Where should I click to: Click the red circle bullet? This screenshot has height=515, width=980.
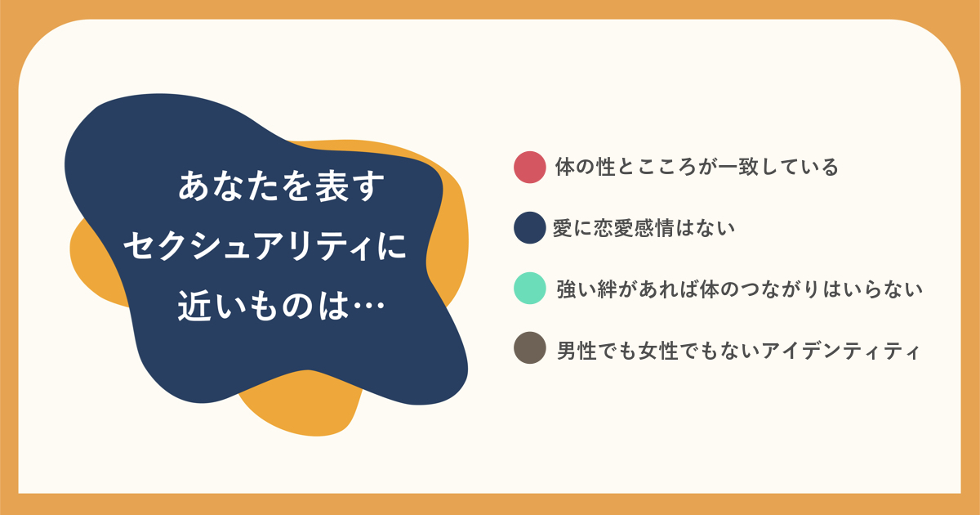pos(529,167)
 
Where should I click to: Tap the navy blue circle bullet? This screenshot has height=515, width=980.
pos(529,228)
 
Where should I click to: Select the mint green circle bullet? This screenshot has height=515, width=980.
pos(529,288)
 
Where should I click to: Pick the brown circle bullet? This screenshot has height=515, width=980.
pos(529,348)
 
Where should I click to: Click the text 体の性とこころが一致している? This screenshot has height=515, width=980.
pos(697,167)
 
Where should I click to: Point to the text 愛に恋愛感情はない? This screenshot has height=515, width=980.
pos(644,228)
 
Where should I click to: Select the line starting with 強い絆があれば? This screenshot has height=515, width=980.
pos(739,289)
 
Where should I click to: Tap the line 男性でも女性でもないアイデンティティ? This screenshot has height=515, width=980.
pos(738,351)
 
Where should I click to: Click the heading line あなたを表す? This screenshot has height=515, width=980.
pos(281,186)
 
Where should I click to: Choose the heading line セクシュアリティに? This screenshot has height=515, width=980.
pos(265,246)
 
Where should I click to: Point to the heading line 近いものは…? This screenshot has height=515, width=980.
pos(281,306)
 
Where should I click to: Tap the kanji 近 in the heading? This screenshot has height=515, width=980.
pos(194,306)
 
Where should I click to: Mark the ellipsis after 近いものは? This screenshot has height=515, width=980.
pos(368,306)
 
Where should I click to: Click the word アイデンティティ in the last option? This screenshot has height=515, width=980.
pos(840,351)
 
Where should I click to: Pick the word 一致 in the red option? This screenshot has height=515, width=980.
pos(738,167)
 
